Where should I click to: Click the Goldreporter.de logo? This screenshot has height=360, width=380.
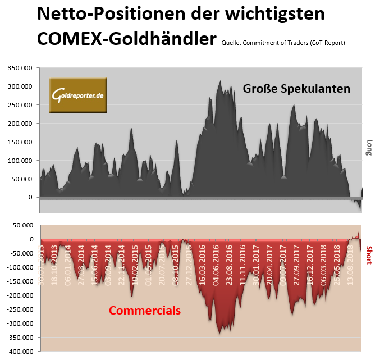coord(77,95)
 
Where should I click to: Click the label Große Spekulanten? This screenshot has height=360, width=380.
coord(296,89)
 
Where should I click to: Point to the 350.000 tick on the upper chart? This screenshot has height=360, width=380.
coord(20,68)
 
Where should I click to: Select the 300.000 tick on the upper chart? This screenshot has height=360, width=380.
coord(20,86)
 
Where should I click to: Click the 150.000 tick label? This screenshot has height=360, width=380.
coord(20,142)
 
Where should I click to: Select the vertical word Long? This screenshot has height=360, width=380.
coord(369,148)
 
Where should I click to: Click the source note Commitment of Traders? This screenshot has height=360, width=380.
coord(283,43)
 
